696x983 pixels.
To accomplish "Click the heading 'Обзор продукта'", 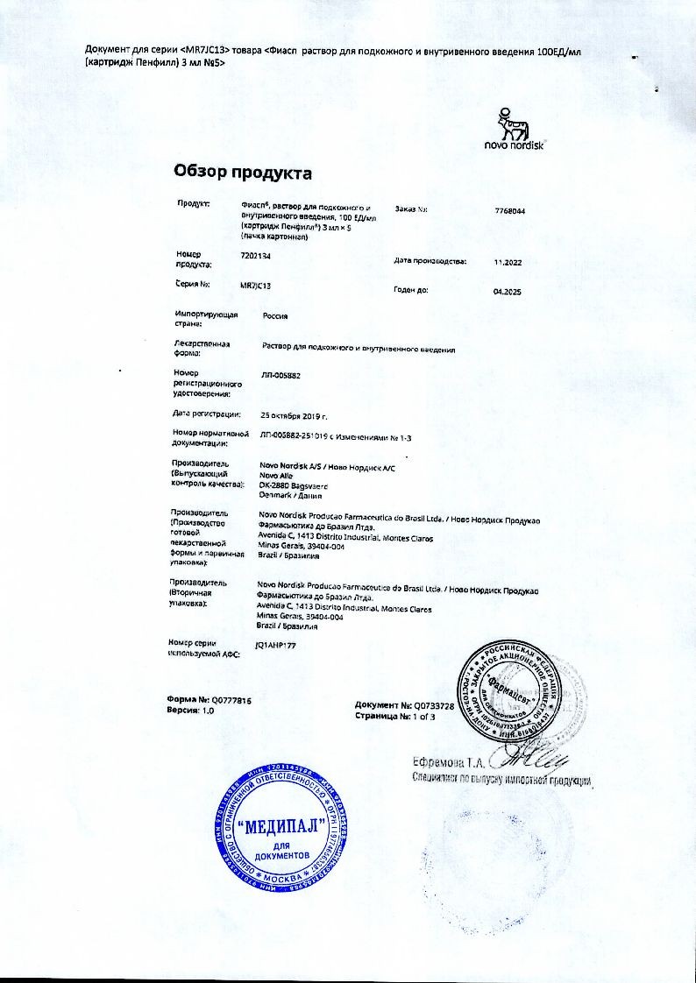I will pyautogui.click(x=243, y=172).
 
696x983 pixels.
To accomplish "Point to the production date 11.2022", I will pyautogui.click(x=508, y=262).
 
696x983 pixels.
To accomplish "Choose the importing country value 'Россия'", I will pyautogui.click(x=274, y=315).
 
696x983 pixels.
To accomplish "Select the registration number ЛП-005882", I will pyautogui.click(x=281, y=375).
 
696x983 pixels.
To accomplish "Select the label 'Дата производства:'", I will pyautogui.click(x=430, y=261).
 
